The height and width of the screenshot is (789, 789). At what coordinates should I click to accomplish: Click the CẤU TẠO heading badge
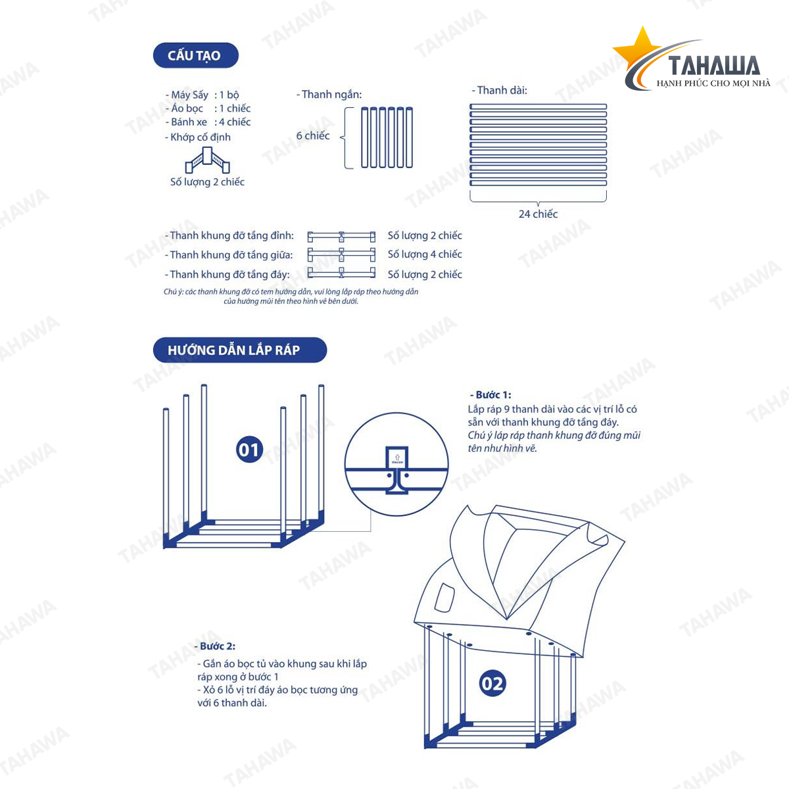(x=195, y=55)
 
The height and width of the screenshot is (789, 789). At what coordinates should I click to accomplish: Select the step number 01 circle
(x=249, y=450)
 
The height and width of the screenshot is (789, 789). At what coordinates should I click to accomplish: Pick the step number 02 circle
(x=492, y=684)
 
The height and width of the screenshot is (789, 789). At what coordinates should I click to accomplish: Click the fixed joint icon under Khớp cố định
(x=207, y=160)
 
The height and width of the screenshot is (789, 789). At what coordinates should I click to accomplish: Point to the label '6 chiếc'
(x=312, y=135)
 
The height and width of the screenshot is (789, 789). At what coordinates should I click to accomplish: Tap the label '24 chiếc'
(x=538, y=214)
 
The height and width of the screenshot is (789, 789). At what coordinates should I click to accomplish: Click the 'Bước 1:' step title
(x=490, y=394)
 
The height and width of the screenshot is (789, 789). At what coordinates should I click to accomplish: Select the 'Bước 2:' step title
(x=216, y=646)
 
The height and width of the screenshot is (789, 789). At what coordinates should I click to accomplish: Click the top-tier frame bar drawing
(x=341, y=236)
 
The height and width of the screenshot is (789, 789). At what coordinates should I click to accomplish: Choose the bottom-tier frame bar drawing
(x=341, y=273)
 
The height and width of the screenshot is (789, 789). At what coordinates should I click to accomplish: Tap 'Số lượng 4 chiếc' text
(x=425, y=254)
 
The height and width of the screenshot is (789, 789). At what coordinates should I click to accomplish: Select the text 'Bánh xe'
(x=189, y=122)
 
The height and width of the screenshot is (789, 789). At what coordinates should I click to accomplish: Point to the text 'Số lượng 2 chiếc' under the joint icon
(x=207, y=182)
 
